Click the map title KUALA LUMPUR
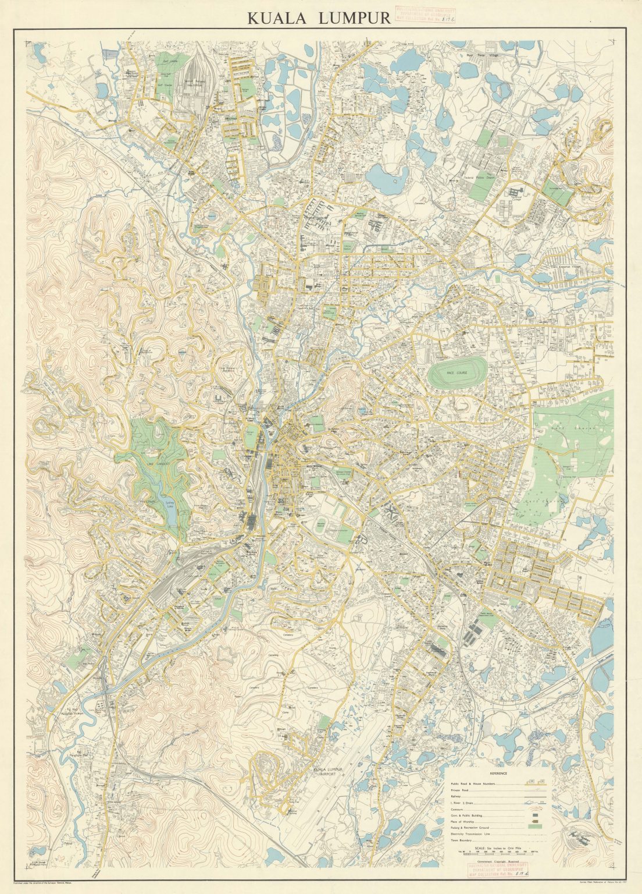[x=319, y=17]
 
